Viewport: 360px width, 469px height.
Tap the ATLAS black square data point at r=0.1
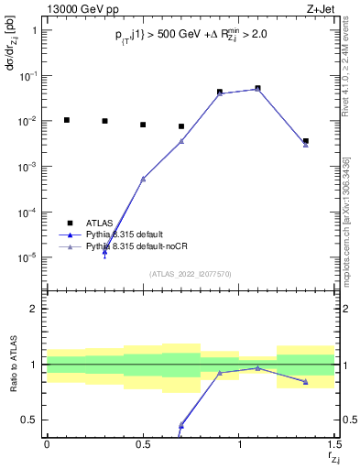coord(66,120)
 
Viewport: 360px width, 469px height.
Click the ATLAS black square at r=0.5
coord(143,125)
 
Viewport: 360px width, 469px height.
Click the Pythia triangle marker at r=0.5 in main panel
coord(143,179)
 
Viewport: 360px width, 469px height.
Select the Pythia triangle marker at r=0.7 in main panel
coord(181,141)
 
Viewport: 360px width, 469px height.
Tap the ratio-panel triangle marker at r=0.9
coord(220,373)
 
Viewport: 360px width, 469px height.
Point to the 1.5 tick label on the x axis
coord(334,443)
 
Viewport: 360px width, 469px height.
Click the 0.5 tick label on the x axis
coord(143,443)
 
